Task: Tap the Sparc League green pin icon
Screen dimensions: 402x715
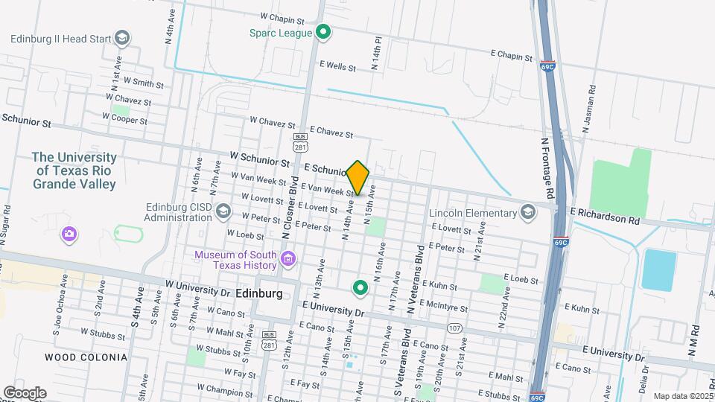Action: [323, 32]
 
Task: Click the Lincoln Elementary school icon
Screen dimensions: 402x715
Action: [527, 214]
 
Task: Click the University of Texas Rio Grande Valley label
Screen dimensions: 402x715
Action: [74, 170]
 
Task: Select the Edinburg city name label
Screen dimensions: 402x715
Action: [258, 293]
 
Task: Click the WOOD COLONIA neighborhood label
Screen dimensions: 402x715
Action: [86, 357]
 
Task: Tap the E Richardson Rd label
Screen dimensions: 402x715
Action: [605, 221]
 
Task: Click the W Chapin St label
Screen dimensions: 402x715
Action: [282, 16]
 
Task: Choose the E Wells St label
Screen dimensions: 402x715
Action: [337, 67]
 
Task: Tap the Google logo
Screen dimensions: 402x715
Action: [25, 392]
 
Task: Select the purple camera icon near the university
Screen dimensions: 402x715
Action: [69, 234]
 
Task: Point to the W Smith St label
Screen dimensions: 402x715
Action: [143, 83]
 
